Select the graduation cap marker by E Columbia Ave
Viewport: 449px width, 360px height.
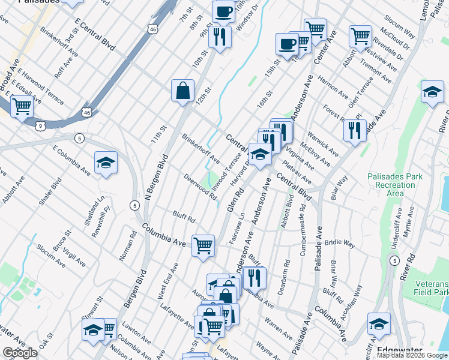[x=106, y=163]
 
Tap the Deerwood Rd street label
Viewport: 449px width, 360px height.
[x=200, y=186]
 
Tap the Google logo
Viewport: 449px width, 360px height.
[x=20, y=353]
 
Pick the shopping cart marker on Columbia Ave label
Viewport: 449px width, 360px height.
[x=203, y=245]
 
